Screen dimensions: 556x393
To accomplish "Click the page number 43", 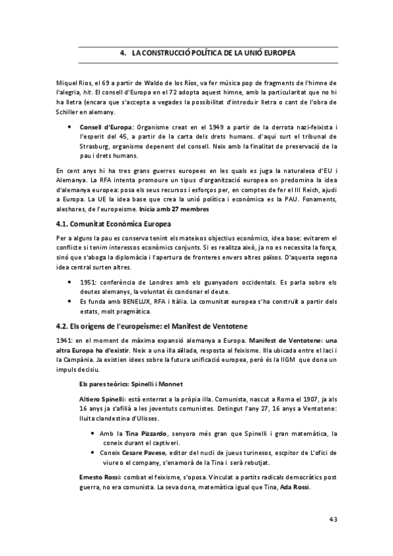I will click(332, 519).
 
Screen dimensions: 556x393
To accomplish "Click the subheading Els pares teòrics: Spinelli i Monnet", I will click(126, 382).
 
